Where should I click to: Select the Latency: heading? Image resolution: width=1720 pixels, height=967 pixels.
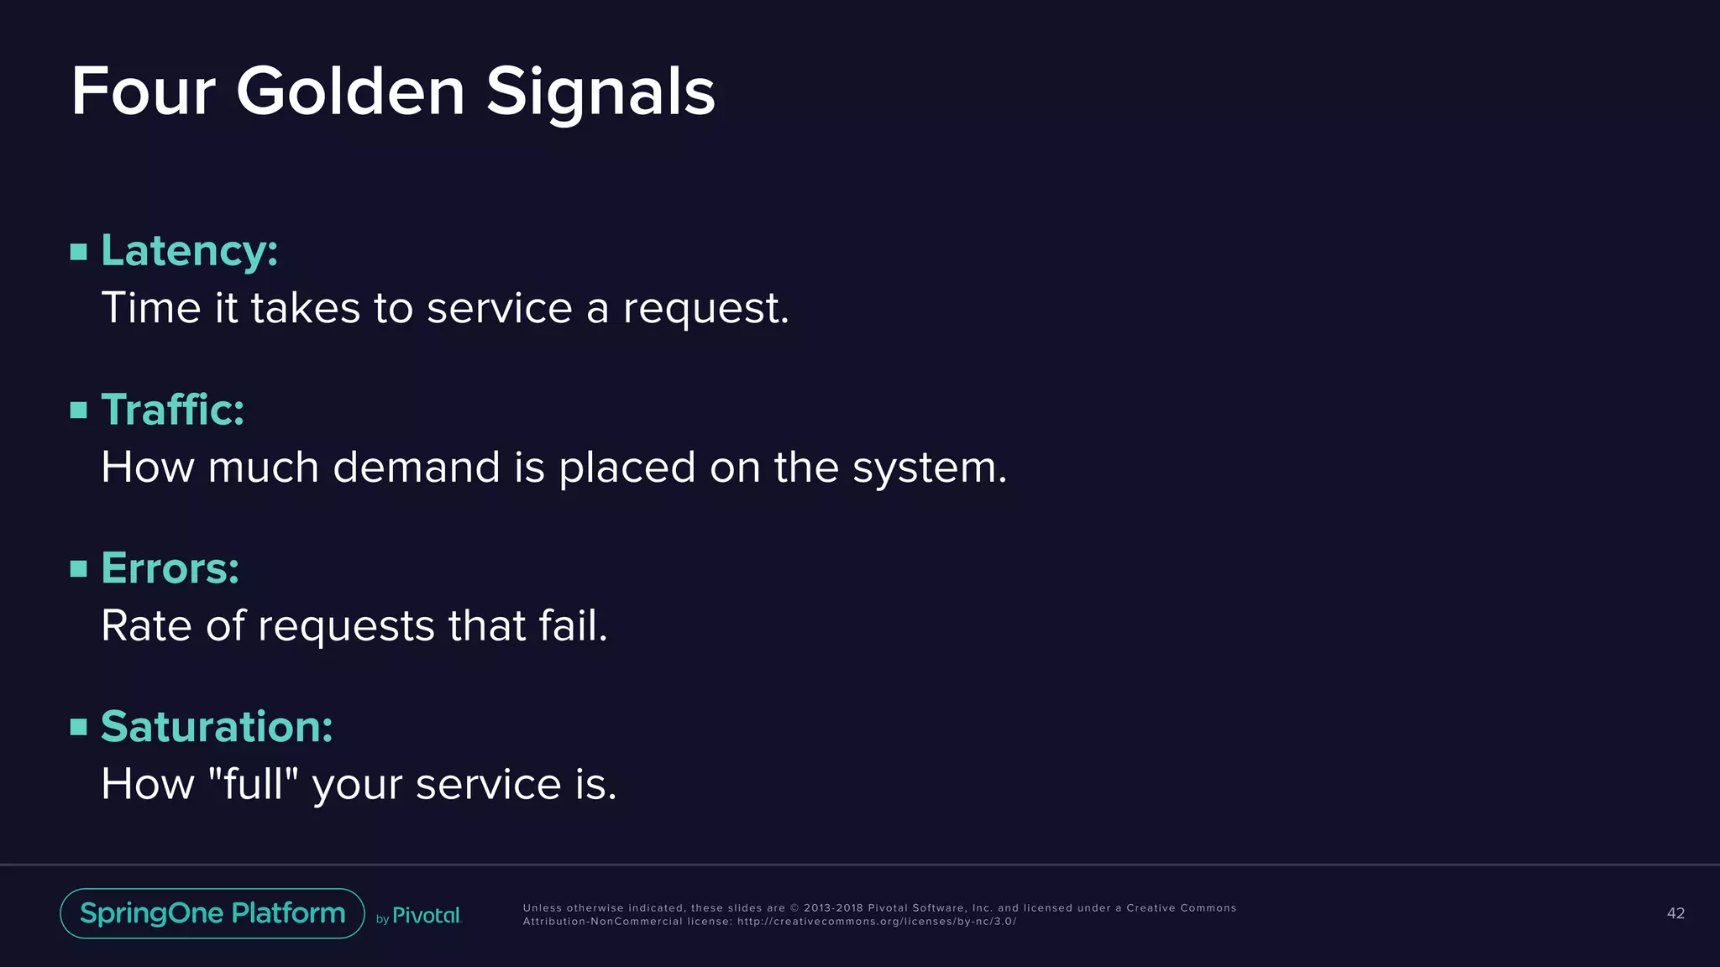pyautogui.click(x=189, y=250)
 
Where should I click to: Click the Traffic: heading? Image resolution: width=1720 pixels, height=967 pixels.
pyautogui.click(x=172, y=410)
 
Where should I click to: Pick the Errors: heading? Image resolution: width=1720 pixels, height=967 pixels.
pyautogui.click(x=170, y=568)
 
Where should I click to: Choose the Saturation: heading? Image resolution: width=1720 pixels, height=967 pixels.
pyautogui.click(x=217, y=726)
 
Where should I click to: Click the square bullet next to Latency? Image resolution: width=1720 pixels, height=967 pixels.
pyautogui.click(x=79, y=252)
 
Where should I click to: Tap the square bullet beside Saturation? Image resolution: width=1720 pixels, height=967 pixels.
pyautogui.click(x=79, y=727)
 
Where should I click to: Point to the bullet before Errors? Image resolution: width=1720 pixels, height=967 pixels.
pyautogui.click(x=79, y=569)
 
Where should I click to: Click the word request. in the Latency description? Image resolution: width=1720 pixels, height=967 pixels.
pyautogui.click(x=705, y=308)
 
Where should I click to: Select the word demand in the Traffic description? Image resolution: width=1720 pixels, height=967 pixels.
pyautogui.click(x=417, y=467)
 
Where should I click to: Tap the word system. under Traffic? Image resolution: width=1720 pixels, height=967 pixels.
pyautogui.click(x=929, y=468)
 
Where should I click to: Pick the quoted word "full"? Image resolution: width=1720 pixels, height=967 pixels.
pyautogui.click(x=253, y=783)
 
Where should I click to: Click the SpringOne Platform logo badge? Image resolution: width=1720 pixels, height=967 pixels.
pyautogui.click(x=212, y=913)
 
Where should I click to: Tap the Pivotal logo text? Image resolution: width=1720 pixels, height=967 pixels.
pyautogui.click(x=427, y=916)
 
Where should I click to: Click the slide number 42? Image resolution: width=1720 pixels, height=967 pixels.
pyautogui.click(x=1675, y=913)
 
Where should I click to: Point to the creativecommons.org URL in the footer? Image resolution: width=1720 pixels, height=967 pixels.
pyautogui.click(x=876, y=922)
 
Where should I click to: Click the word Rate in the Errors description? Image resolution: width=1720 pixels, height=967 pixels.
pyautogui.click(x=146, y=625)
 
